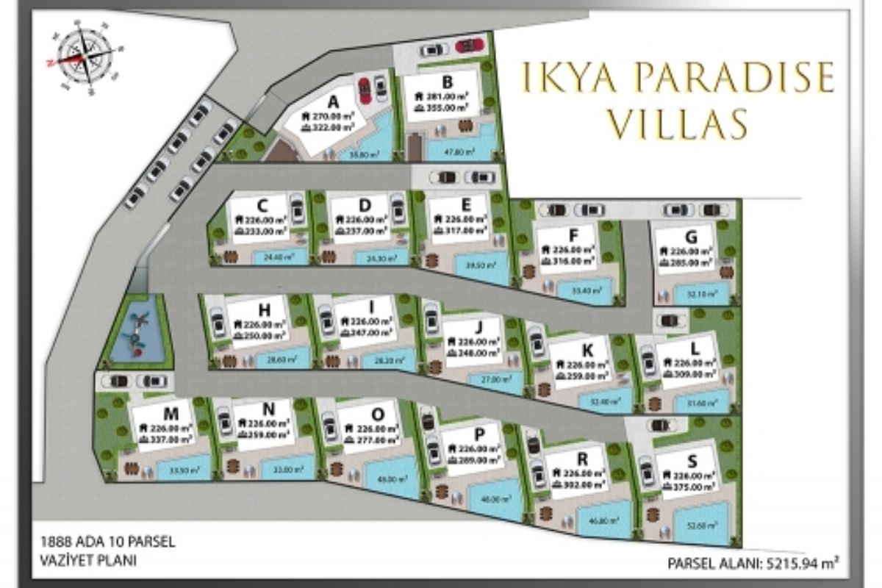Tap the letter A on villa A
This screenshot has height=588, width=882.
(333, 101)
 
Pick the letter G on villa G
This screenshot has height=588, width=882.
(689, 237)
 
